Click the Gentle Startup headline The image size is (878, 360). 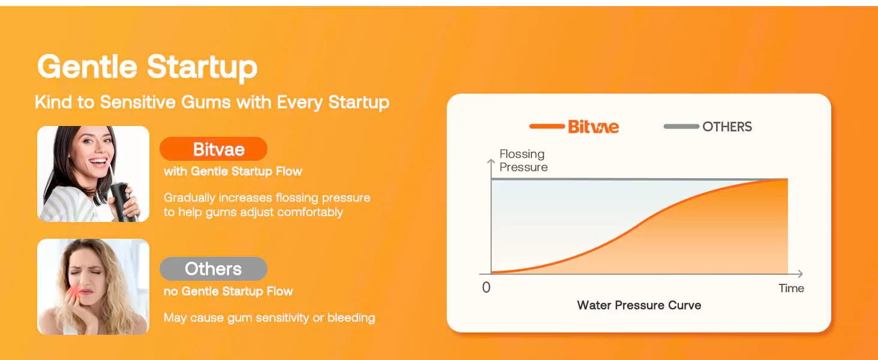tap(148, 67)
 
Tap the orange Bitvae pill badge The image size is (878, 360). tap(214, 149)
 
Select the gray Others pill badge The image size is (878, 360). tap(214, 269)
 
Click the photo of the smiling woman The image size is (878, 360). tap(94, 174)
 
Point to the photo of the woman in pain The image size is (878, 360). tap(94, 287)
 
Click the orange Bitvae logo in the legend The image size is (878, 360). tap(594, 127)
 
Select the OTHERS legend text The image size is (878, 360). tap(727, 127)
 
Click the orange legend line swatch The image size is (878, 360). tap(547, 126)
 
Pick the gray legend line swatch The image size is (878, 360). tap(681, 126)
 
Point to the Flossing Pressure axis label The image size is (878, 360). tap(524, 160)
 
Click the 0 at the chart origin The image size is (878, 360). tap(486, 287)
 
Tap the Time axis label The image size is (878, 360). tap(791, 288)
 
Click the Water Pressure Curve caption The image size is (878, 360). tap(639, 305)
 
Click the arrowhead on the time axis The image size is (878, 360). tap(800, 274)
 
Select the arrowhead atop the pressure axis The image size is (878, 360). tap(491, 161)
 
